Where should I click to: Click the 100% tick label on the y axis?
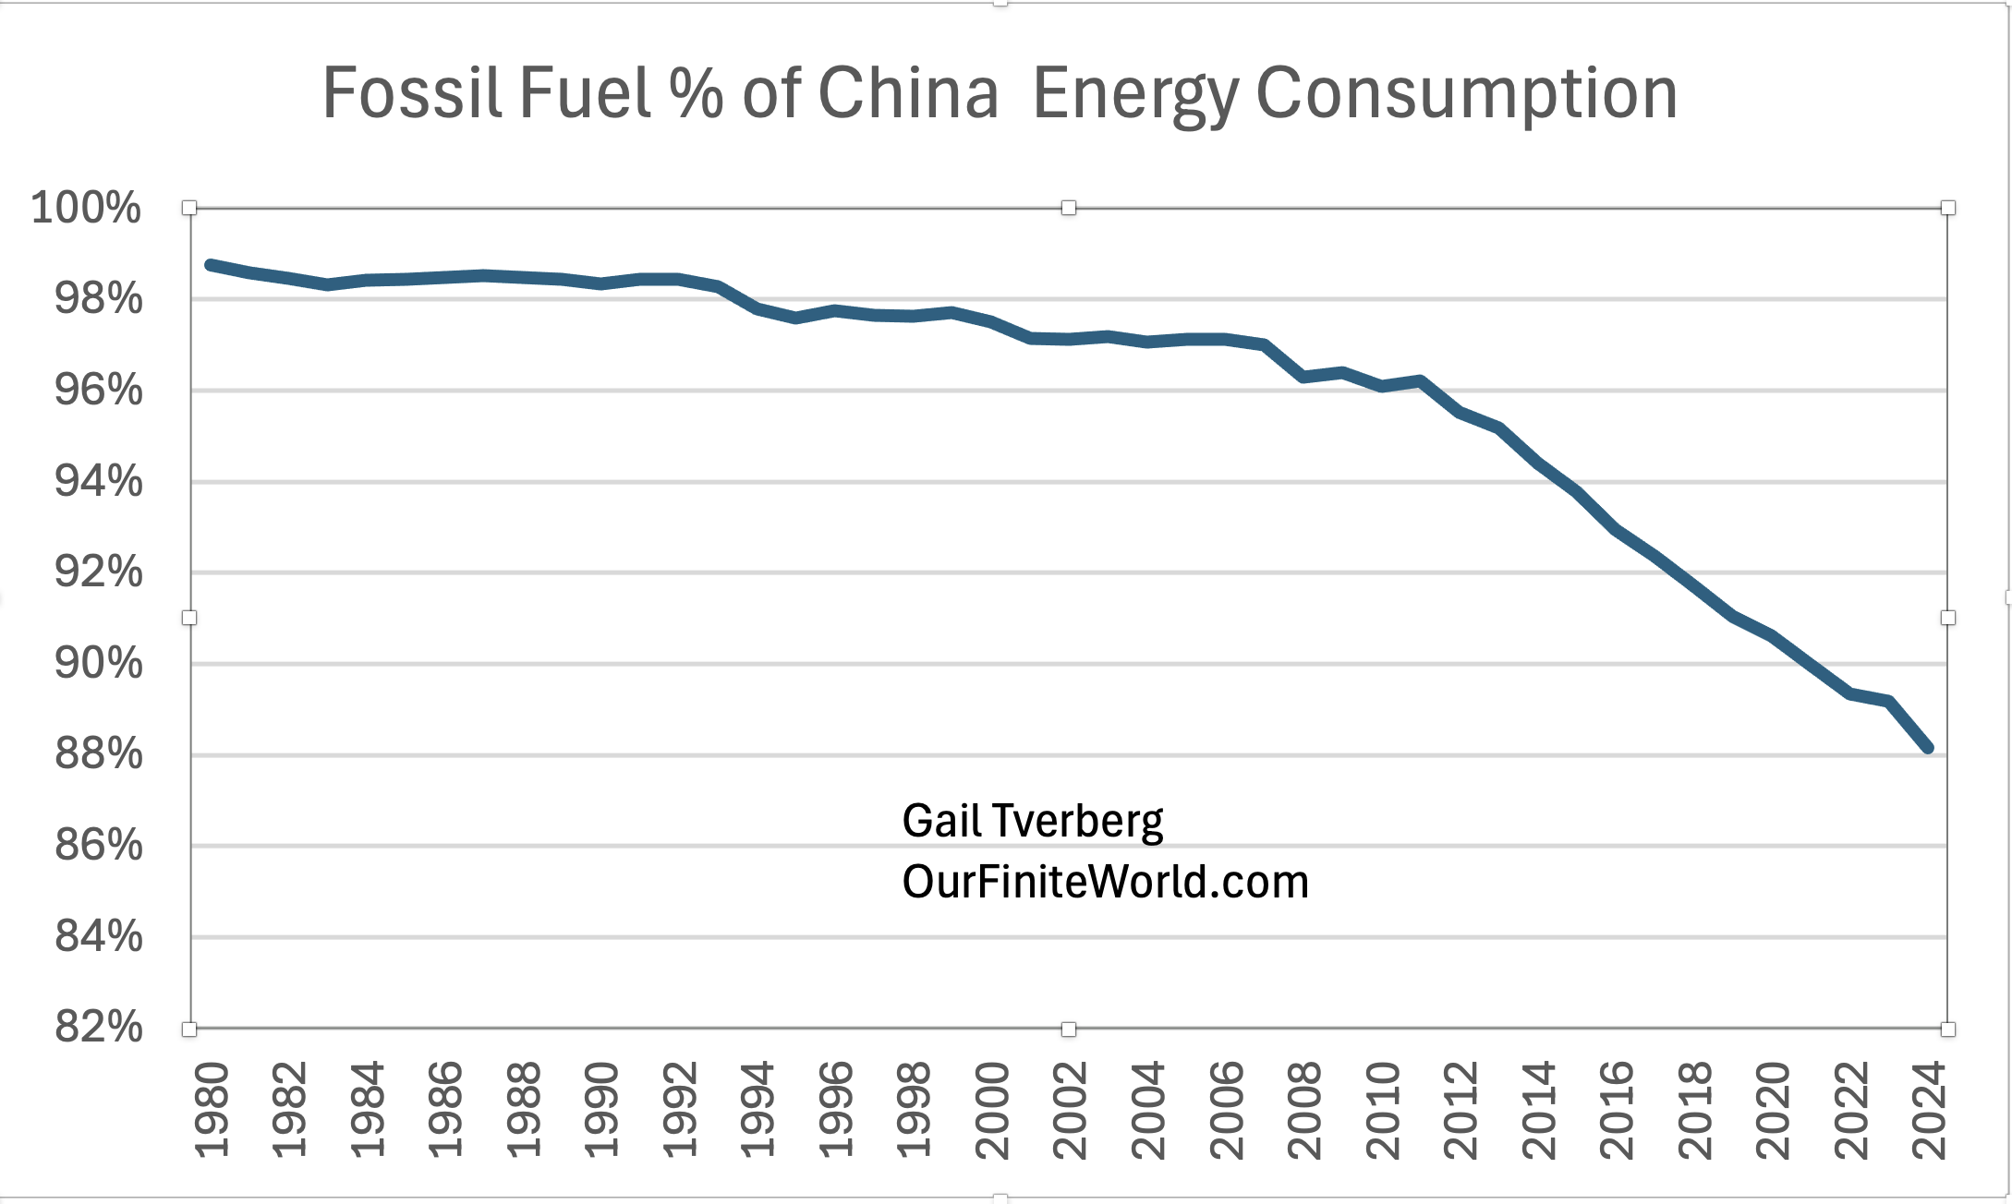[86, 208]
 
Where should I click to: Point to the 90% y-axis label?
[99, 663]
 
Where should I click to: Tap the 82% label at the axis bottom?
[99, 1027]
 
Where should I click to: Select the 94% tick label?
[99, 481]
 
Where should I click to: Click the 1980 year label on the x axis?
[212, 1110]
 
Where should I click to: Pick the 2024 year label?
[1930, 1110]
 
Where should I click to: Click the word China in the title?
[908, 93]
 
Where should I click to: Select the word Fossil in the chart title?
[412, 93]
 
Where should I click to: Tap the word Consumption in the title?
[1466, 93]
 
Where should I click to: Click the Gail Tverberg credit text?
[1032, 821]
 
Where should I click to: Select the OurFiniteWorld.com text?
[1105, 882]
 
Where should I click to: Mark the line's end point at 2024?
[1928, 748]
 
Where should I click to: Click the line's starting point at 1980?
[212, 265]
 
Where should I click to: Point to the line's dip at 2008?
[1303, 377]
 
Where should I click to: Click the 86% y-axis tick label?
[99, 845]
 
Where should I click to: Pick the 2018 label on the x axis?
[1695, 1110]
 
